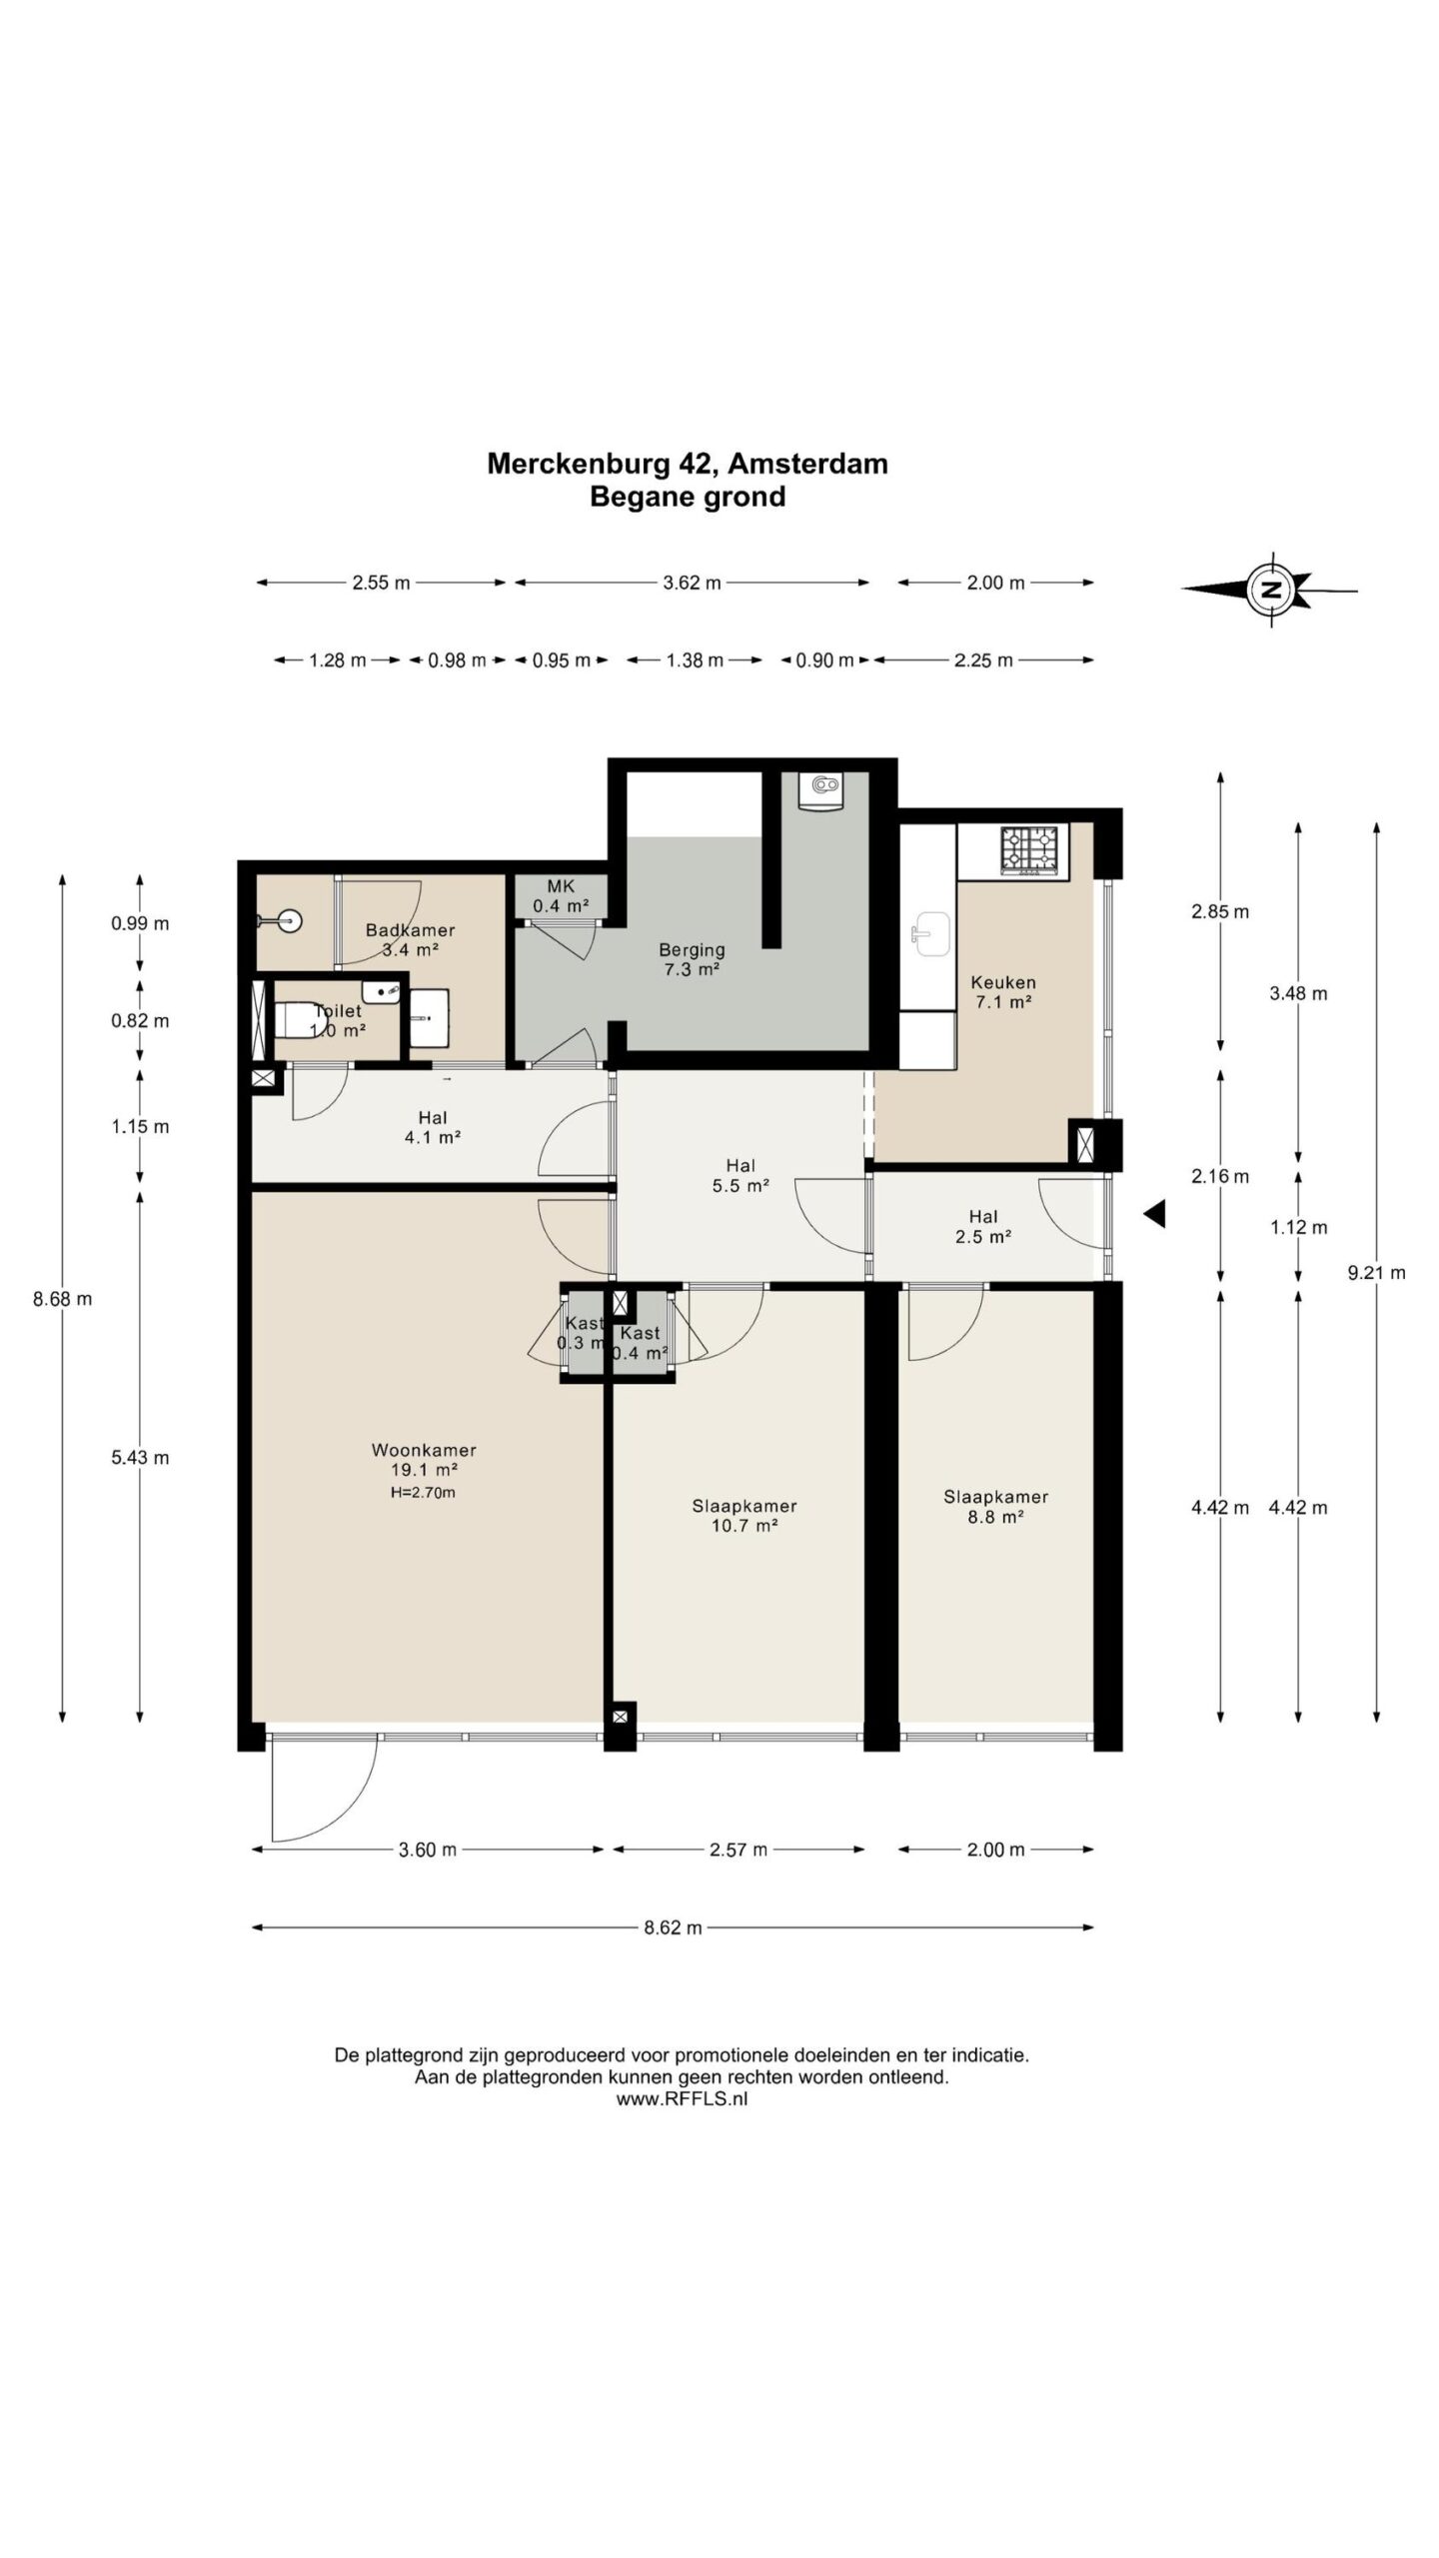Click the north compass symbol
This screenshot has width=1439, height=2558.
1270,589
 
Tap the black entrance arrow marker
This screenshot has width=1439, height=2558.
1155,1214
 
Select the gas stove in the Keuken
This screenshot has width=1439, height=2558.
1029,851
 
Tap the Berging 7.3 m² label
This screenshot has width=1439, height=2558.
692,959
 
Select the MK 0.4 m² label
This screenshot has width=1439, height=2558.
561,896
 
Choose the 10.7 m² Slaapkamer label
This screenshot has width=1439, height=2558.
744,1516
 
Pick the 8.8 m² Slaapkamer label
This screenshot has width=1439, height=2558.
996,1507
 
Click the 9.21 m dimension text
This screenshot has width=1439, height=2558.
1376,1272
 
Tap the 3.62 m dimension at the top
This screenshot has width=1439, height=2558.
692,583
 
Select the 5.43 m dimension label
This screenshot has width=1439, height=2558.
140,1457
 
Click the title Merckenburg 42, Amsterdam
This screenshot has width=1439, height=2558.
688,464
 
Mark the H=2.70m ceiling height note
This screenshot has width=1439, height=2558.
423,1493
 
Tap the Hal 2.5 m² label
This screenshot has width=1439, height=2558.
983,1226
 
